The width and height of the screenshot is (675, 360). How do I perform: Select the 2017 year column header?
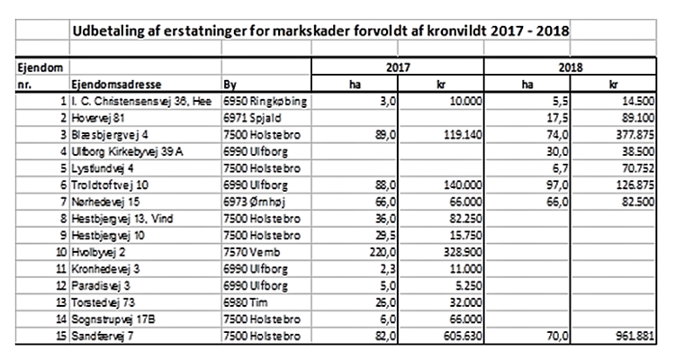click(x=398, y=67)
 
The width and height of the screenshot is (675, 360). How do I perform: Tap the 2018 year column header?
click(x=571, y=67)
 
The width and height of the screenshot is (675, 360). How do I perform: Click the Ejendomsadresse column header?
click(x=116, y=85)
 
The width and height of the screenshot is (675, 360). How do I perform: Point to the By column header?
click(x=229, y=85)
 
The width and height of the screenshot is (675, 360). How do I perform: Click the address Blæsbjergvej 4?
click(x=110, y=135)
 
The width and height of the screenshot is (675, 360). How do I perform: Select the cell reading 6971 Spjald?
click(x=252, y=118)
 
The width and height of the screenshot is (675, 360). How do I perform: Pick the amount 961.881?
click(x=635, y=336)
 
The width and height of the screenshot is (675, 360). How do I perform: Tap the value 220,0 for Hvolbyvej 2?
click(x=382, y=252)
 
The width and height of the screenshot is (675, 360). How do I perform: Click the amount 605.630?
click(x=463, y=336)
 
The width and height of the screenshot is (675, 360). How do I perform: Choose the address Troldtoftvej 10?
click(x=110, y=185)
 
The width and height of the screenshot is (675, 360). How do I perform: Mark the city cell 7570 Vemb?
click(x=252, y=252)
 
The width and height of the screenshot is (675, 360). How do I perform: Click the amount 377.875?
click(x=635, y=135)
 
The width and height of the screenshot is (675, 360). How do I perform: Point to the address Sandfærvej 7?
click(x=103, y=336)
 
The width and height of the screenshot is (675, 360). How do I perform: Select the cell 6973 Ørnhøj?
click(x=255, y=202)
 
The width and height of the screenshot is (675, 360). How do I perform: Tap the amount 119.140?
click(x=463, y=135)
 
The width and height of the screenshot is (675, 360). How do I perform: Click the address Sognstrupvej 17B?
click(x=113, y=319)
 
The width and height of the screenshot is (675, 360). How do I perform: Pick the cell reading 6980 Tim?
click(x=246, y=302)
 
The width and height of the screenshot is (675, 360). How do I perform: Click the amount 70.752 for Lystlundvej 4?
click(x=638, y=168)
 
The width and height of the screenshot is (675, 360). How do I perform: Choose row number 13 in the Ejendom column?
click(x=61, y=302)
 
